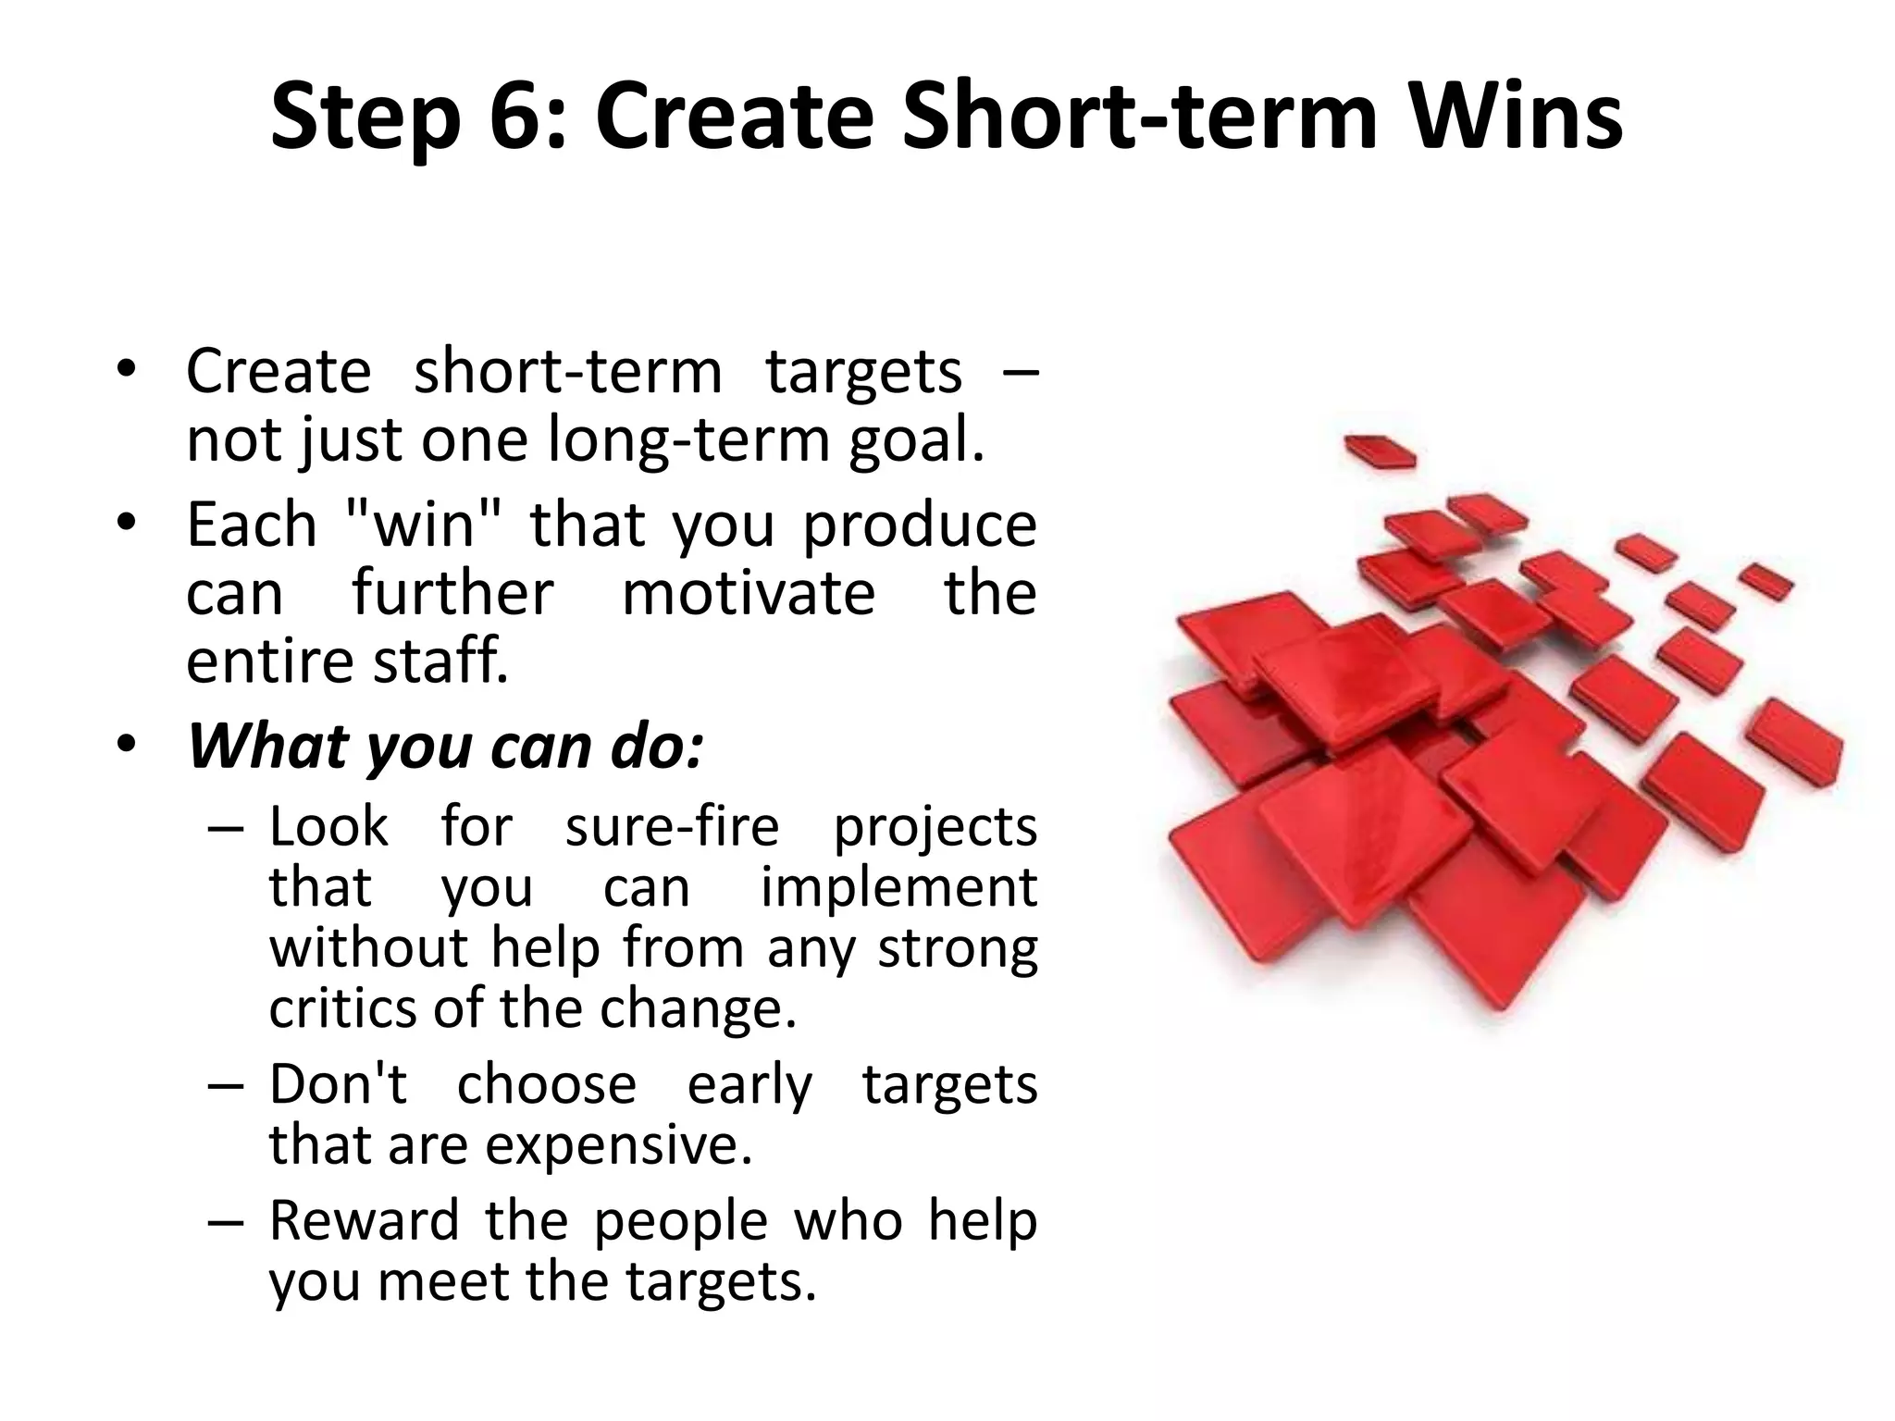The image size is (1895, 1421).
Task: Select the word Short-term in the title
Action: point(1139,117)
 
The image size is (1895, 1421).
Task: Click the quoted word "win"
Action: point(422,525)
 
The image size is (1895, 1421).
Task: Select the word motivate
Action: point(748,593)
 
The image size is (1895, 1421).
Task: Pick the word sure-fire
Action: point(672,826)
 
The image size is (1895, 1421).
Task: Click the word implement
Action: point(898,888)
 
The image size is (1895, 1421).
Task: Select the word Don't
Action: point(337,1083)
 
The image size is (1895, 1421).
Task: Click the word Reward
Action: point(364,1220)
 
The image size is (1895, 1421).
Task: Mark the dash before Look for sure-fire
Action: point(226,827)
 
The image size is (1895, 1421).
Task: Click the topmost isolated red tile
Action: point(1379,451)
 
